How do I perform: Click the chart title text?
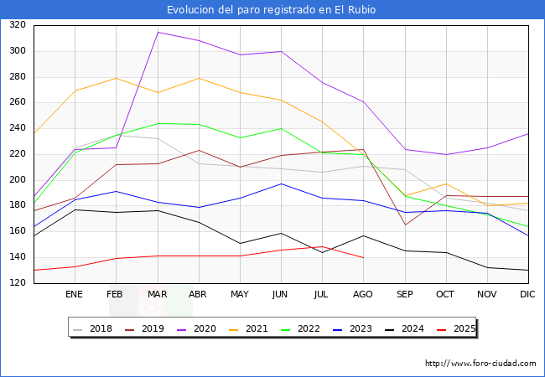[272, 10]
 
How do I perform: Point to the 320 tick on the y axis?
[17, 25]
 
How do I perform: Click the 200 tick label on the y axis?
[17, 180]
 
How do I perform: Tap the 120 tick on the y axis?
[17, 283]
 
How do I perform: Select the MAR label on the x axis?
[157, 295]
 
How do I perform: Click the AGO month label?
[363, 295]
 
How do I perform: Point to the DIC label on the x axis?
[527, 295]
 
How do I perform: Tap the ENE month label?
[75, 295]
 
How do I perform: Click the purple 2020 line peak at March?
[157, 32]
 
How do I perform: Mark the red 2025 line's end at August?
[363, 257]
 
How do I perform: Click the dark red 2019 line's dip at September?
[404, 225]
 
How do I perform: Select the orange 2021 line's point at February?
[116, 78]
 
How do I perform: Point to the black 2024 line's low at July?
[322, 252]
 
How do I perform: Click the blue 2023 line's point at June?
[281, 183]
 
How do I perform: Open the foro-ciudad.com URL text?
[480, 364]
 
